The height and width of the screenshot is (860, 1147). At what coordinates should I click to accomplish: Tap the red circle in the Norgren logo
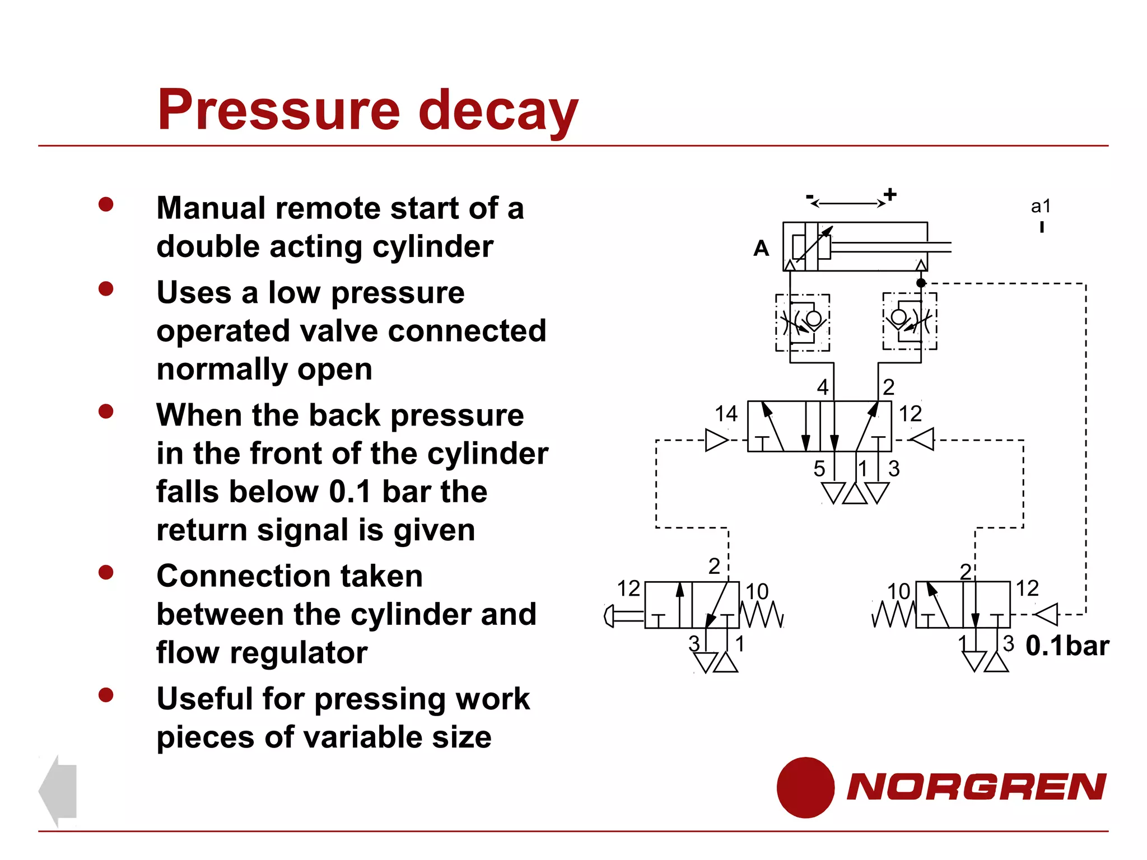tap(805, 787)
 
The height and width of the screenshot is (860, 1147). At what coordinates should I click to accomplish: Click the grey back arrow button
tap(58, 791)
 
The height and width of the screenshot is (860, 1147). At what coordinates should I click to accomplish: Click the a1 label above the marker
tap(1041, 206)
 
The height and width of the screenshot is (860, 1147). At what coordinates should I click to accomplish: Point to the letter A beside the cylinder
tap(761, 248)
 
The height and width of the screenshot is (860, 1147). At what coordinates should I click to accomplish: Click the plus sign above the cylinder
tap(890, 195)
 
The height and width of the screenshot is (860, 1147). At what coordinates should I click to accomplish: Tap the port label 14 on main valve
tap(726, 414)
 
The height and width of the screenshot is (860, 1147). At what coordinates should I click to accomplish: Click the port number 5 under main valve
tap(819, 469)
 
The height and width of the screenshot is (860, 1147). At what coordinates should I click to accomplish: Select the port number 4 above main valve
tap(822, 387)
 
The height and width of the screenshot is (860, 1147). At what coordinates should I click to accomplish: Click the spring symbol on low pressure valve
tap(894, 615)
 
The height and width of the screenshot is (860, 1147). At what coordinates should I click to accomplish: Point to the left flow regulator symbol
tap(802, 322)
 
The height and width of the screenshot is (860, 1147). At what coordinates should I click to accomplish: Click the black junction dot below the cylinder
tap(921, 283)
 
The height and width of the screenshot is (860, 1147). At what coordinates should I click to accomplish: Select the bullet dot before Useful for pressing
tap(106, 695)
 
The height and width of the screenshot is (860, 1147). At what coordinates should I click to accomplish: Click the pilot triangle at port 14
tap(715, 440)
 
